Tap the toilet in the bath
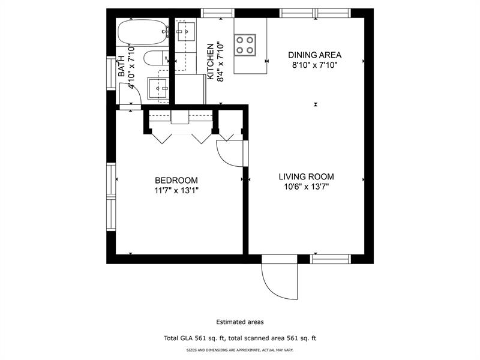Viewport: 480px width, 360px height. [157, 59]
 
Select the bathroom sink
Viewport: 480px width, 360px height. [160, 88]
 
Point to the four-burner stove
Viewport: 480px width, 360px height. [245, 44]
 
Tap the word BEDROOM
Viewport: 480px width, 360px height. [176, 181]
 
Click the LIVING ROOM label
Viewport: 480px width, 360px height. [306, 177]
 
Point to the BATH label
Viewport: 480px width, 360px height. [122, 66]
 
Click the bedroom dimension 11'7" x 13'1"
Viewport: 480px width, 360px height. [176, 191]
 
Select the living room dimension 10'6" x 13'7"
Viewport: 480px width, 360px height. [306, 187]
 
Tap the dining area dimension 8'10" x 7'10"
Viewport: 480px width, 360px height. [312, 65]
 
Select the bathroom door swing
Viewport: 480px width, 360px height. [132, 93]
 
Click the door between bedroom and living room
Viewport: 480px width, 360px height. [231, 154]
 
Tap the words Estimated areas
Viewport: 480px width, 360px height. [240, 322]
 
